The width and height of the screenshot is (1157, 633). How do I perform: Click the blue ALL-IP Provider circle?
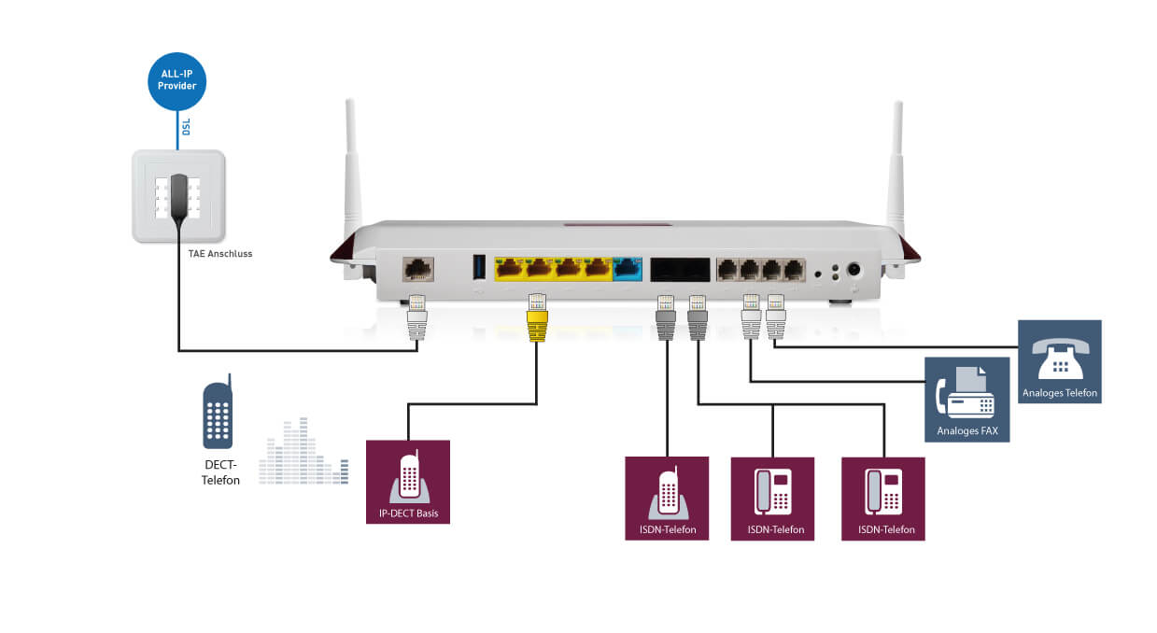pos(176,80)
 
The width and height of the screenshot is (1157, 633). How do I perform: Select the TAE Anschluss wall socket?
pos(178,196)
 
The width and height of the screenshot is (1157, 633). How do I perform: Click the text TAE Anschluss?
pos(220,253)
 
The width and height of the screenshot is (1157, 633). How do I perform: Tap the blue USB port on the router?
pos(480,267)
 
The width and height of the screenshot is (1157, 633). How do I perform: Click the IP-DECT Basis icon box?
pos(408,482)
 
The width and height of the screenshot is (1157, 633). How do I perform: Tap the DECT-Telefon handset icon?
pos(218,415)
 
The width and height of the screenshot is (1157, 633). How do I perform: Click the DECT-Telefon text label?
pos(221,473)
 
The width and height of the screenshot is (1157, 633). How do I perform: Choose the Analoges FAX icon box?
pos(967,399)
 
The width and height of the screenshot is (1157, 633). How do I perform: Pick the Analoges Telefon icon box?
pos(1059,361)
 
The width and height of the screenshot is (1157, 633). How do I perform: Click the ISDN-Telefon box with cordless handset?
pos(667,498)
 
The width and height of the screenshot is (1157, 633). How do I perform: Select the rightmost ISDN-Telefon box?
pos(883,498)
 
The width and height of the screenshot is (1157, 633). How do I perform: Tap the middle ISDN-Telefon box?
pos(772,498)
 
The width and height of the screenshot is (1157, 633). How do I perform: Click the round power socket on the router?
pos(853,271)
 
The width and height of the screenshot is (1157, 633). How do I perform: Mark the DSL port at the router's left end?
pos(416,270)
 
